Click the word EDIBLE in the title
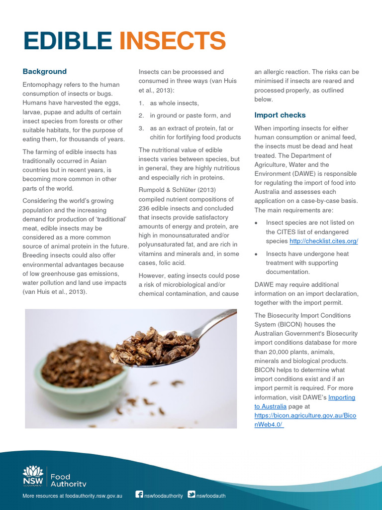pos(68,41)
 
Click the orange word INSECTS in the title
pos(172,41)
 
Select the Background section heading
pos(44,72)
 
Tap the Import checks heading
pos(280,115)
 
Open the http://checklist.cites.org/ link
pos(323,241)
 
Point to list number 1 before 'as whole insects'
pos(141,103)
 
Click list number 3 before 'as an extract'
pos(141,128)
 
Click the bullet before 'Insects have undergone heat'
pos(256,254)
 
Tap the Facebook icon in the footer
pos(139,495)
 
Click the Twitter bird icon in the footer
pos(191,495)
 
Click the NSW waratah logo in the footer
pos(33,473)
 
